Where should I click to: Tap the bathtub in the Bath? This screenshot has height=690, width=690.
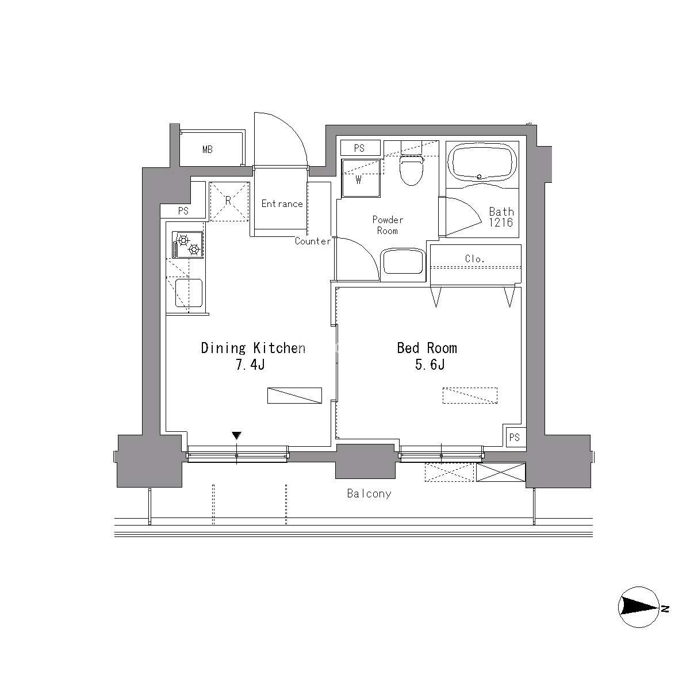pyautogui.click(x=482, y=163)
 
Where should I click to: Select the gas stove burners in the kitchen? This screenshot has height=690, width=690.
pyautogui.click(x=187, y=244)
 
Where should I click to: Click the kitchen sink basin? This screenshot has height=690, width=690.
pyautogui.click(x=189, y=293)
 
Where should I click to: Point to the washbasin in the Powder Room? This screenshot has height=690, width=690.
pyautogui.click(x=403, y=262)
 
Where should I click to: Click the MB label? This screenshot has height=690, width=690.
pyautogui.click(x=208, y=149)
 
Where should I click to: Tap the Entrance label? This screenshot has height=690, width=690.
pyautogui.click(x=282, y=204)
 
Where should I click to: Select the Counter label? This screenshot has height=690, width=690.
pyautogui.click(x=313, y=241)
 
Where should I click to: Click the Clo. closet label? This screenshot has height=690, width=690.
pyautogui.click(x=474, y=259)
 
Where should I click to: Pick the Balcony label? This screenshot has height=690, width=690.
pyautogui.click(x=369, y=494)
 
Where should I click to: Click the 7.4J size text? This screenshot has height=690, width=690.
pyautogui.click(x=250, y=365)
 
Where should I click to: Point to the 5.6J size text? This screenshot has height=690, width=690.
pyautogui.click(x=430, y=365)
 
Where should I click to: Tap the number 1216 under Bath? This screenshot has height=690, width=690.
pyautogui.click(x=501, y=223)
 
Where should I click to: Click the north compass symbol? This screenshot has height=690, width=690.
pyautogui.click(x=639, y=607)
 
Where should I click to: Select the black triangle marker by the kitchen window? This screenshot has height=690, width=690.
pyautogui.click(x=236, y=435)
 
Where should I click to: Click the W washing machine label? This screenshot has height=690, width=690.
pyautogui.click(x=358, y=181)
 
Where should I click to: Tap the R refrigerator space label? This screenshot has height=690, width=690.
pyautogui.click(x=228, y=201)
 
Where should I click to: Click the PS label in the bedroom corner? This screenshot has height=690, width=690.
pyautogui.click(x=514, y=437)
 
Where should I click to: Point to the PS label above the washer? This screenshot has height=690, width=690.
pyautogui.click(x=359, y=148)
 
